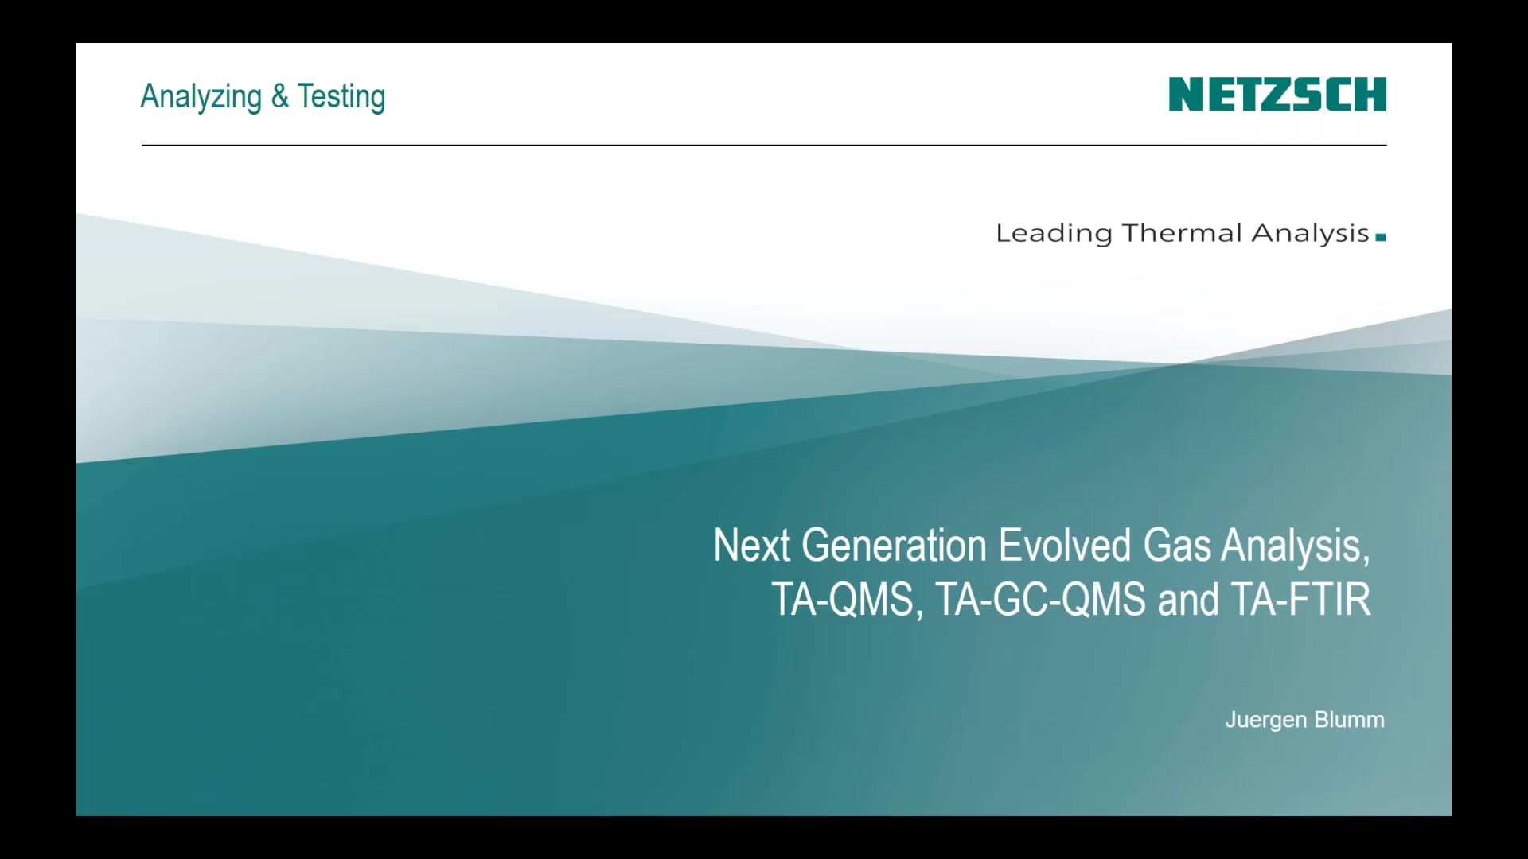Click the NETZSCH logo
pos(1277,95)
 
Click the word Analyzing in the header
pos(201,97)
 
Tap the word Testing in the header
pos(341,97)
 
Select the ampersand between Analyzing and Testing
pos(279,95)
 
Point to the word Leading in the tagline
pos(1054,234)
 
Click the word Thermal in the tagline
pos(1181,233)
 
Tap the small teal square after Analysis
pos(1381,237)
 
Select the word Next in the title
pos(751,546)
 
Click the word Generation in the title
pos(894,546)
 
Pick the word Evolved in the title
pos(1065,546)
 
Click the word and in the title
pos(1188,600)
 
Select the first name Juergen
pos(1266,721)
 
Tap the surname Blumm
pos(1350,720)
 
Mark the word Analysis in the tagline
pos(1310,234)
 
